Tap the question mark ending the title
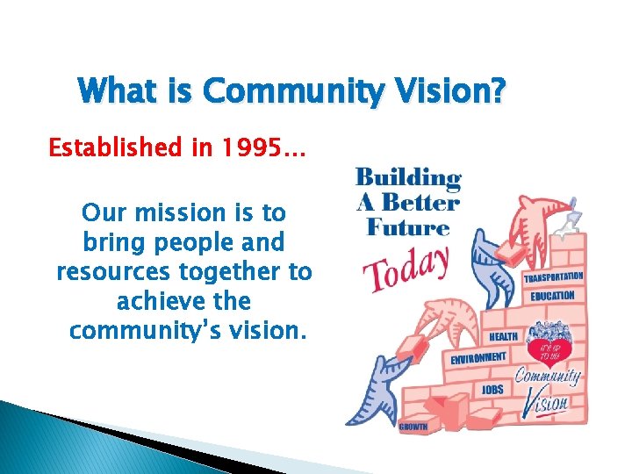(x=499, y=90)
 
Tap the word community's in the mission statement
(x=154, y=332)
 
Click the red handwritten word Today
(x=406, y=266)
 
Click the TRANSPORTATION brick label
(x=553, y=278)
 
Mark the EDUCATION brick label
(x=552, y=297)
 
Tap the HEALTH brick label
(x=503, y=337)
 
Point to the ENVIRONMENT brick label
(x=478, y=358)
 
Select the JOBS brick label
(x=492, y=390)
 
